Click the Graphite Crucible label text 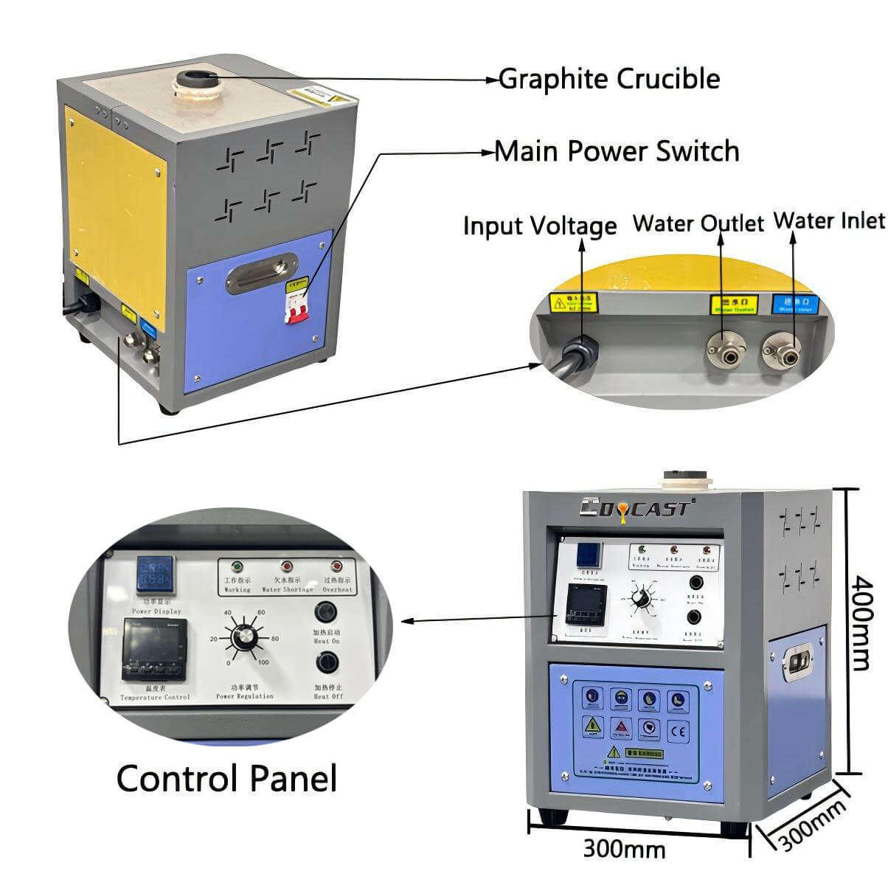(x=609, y=79)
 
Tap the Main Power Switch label (x=617, y=151)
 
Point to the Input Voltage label (x=540, y=226)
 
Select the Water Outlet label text (x=698, y=223)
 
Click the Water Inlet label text (x=829, y=221)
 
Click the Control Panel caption (x=226, y=778)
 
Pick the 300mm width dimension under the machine (x=624, y=849)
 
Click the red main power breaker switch (x=296, y=305)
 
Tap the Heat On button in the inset (x=325, y=612)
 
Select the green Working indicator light (x=237, y=566)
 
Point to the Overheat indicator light (x=337, y=566)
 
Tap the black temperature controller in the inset (x=154, y=650)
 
